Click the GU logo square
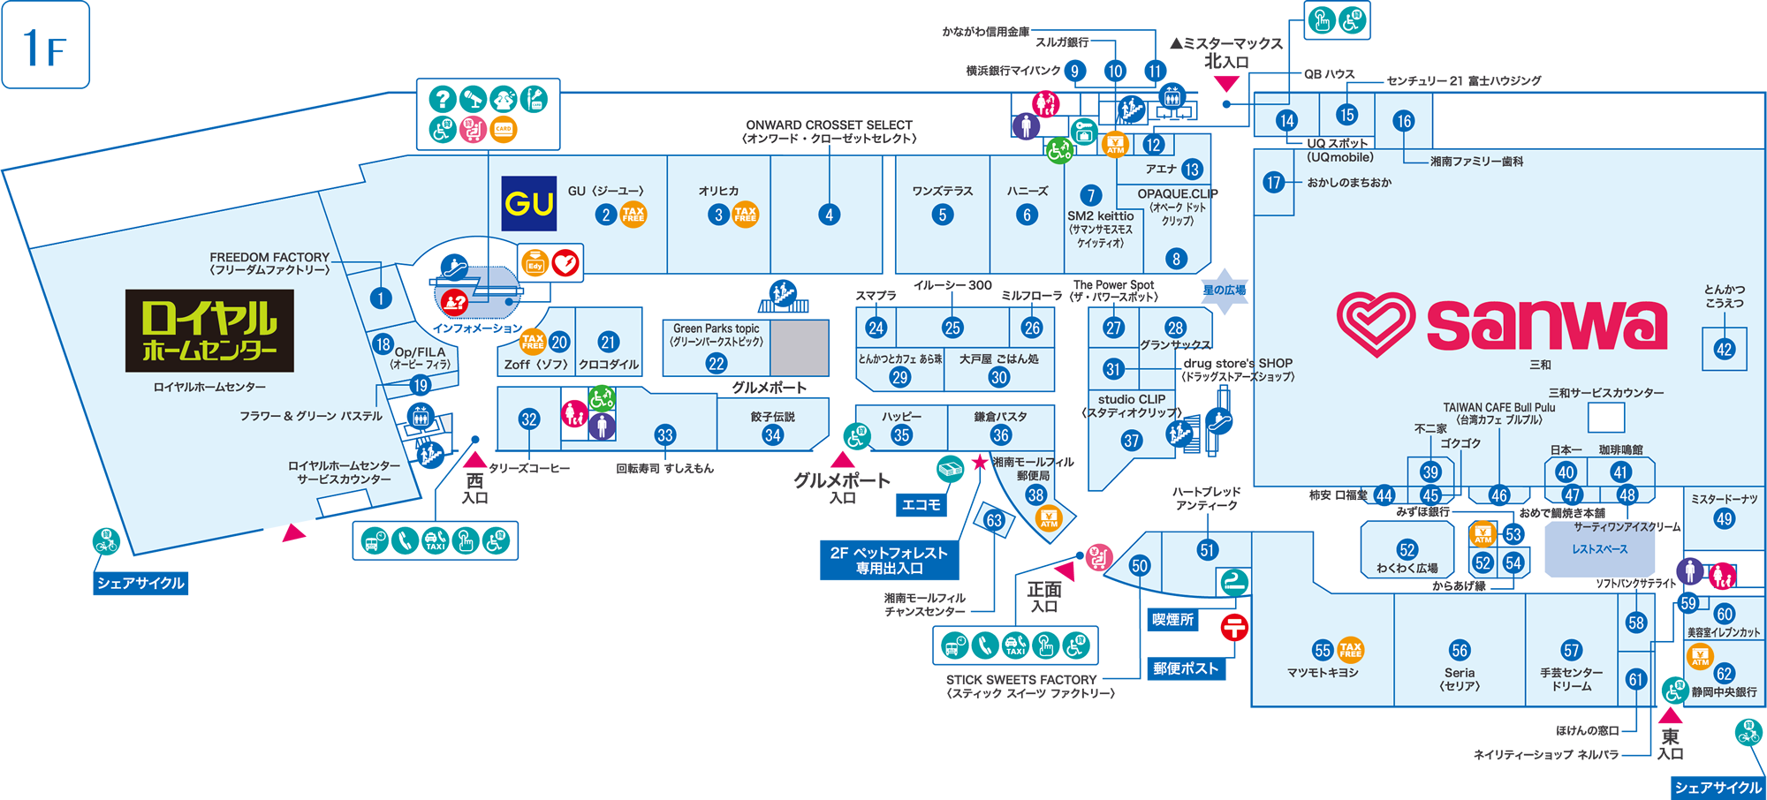pyautogui.click(x=528, y=204)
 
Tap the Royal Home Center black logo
pyautogui.click(x=209, y=330)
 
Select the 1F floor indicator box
pyautogui.click(x=46, y=45)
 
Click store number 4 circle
pyautogui.click(x=829, y=215)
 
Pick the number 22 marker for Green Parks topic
pyautogui.click(x=717, y=363)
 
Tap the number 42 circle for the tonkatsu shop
pyautogui.click(x=1724, y=350)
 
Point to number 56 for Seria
pyautogui.click(x=1460, y=651)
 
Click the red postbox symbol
pyautogui.click(x=1234, y=628)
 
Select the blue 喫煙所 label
pyautogui.click(x=1173, y=620)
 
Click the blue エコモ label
pyautogui.click(x=921, y=504)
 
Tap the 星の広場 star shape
pyautogui.click(x=1225, y=291)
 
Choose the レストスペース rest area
pyautogui.click(x=1599, y=549)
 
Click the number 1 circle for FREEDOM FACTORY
pyautogui.click(x=381, y=298)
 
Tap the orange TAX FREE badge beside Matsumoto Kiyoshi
pyautogui.click(x=1351, y=650)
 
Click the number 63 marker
pyautogui.click(x=994, y=521)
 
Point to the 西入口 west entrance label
pyautogui.click(x=474, y=488)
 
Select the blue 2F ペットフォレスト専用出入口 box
pyautogui.click(x=889, y=561)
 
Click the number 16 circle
pyautogui.click(x=1404, y=121)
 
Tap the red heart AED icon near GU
pyautogui.click(x=565, y=262)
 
